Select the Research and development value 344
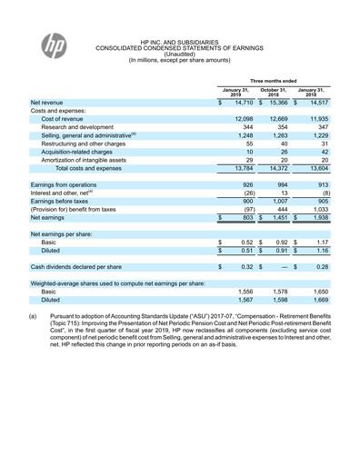pos(242,130)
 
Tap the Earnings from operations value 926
pos(242,185)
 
